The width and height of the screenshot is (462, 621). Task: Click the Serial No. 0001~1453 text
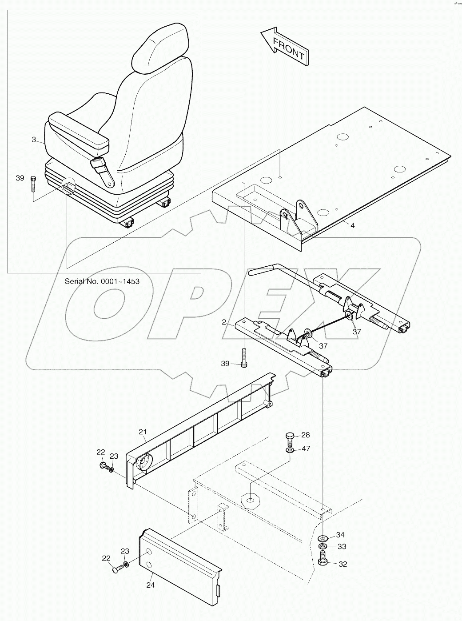point(102,281)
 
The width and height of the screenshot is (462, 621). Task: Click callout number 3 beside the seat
point(34,140)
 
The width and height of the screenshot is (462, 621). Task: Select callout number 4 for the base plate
point(352,225)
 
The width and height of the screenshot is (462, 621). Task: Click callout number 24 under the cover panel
point(150,585)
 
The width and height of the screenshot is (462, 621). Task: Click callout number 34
point(340,535)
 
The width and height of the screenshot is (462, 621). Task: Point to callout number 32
point(342,564)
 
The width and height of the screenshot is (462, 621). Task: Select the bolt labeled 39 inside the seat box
point(34,184)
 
